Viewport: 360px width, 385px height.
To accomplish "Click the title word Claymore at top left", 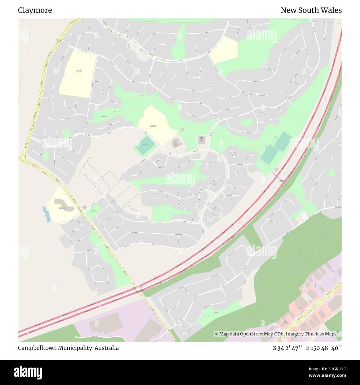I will click(35, 10).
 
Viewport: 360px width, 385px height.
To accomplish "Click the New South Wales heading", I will click(311, 10).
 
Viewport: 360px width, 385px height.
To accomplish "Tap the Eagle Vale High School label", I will click(79, 71).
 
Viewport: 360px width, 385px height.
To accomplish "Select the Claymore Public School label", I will click(153, 126).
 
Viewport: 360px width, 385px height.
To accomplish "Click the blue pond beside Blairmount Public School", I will click(47, 214).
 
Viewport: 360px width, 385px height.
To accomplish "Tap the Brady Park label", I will click(104, 117).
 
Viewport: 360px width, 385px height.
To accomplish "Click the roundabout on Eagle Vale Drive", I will click(59, 40).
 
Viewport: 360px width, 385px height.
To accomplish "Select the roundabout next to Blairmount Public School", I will click(83, 213).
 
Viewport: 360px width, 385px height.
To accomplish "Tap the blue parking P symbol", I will click(181, 150).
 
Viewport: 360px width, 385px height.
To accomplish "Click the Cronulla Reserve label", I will click(216, 313).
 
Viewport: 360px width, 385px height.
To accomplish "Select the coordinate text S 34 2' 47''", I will click(287, 348).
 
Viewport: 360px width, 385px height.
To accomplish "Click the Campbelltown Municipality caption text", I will click(55, 348).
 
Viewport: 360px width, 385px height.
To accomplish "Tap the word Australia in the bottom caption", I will click(107, 348).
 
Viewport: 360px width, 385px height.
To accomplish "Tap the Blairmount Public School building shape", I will click(64, 204).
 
